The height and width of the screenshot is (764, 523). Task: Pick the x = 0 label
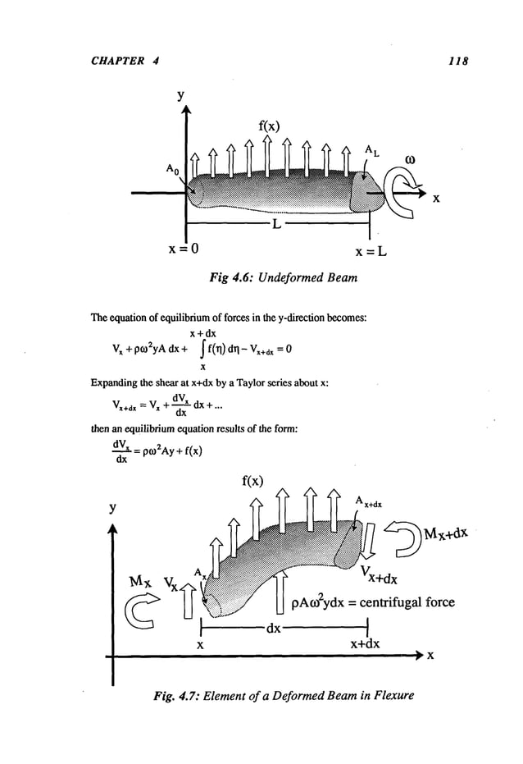click(186, 248)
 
